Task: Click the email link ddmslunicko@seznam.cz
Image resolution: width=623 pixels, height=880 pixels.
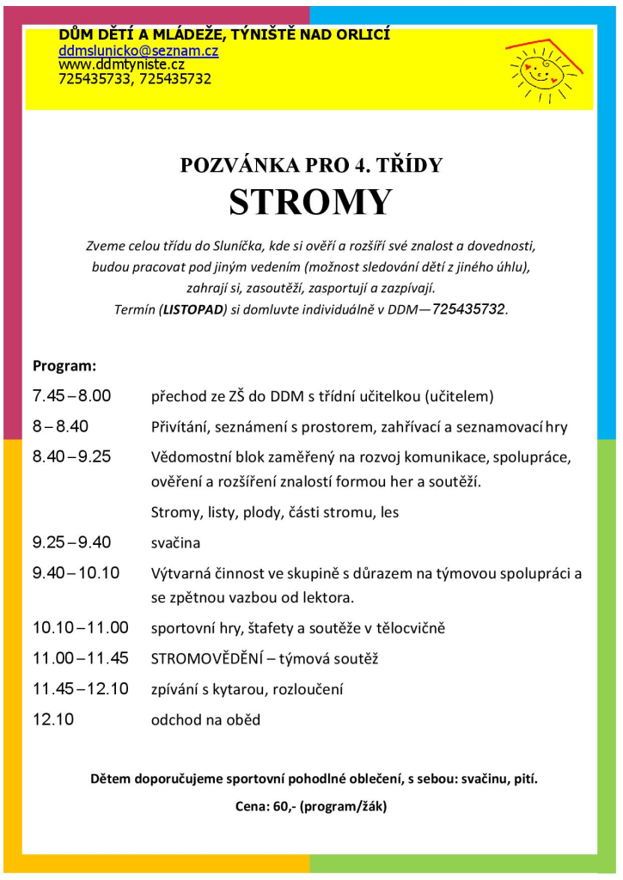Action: [137, 51]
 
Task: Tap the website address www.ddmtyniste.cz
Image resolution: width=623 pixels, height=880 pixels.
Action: [121, 64]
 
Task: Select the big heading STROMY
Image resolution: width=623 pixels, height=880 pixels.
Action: [310, 201]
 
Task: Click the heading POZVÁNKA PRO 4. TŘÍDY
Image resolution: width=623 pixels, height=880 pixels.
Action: [311, 165]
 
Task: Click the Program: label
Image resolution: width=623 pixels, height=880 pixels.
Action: [64, 366]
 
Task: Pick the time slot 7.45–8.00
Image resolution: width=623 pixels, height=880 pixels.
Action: [72, 396]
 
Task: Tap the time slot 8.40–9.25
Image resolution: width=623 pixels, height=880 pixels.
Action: [72, 456]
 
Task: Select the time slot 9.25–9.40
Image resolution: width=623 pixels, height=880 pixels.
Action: [72, 542]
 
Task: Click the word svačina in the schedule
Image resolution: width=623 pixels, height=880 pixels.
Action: [175, 543]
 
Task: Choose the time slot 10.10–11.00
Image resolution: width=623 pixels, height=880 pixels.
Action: [80, 628]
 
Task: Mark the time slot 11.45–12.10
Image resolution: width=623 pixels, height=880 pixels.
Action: [80, 689]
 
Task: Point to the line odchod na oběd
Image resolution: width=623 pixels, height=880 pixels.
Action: [205, 720]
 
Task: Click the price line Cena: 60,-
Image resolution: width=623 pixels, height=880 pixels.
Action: [310, 806]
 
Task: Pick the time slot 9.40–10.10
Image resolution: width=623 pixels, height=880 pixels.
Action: [76, 573]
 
